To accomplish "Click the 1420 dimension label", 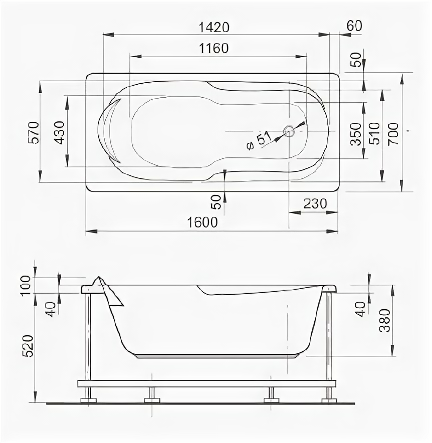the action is click(214, 28).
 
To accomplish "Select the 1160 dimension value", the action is click(214, 48).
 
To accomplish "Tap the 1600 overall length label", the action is click(202, 223).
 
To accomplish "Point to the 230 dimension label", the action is click(315, 203).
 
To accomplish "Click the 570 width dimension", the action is click(34, 132).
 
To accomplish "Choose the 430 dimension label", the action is click(60, 132).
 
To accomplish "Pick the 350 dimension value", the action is click(356, 134).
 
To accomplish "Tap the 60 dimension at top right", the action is click(354, 26).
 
